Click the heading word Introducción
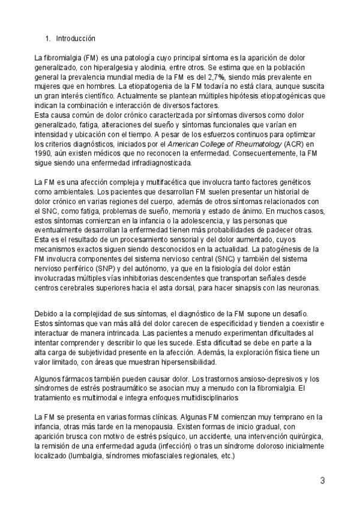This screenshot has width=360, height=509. (x=76, y=38)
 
